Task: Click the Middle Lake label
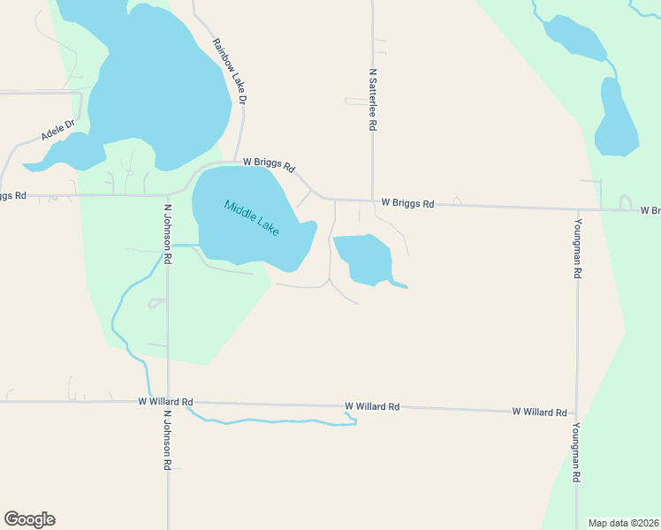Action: click(252, 218)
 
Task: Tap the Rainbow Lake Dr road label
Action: click(229, 72)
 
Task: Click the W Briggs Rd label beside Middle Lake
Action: click(269, 164)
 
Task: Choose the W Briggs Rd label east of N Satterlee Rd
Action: click(407, 203)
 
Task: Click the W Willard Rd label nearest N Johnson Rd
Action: click(165, 401)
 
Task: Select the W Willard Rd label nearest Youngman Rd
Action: click(539, 412)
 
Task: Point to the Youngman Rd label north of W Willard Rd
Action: click(577, 248)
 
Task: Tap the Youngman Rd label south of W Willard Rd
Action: click(576, 451)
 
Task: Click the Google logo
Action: click(29, 519)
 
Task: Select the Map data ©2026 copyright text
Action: click(623, 522)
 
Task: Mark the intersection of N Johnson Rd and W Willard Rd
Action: click(168, 402)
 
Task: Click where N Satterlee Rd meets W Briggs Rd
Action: click(372, 201)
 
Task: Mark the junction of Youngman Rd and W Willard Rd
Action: click(577, 413)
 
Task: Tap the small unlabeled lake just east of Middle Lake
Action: click(364, 259)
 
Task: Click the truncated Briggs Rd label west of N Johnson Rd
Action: click(13, 195)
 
